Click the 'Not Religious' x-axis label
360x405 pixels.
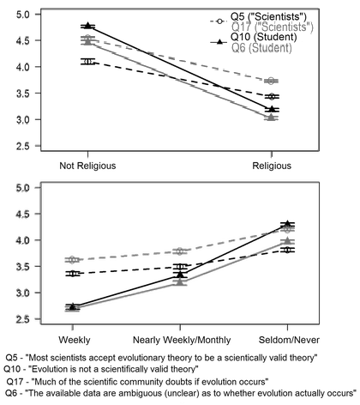click(87, 164)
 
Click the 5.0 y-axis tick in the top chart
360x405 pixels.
click(23, 15)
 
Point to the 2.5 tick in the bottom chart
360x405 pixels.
click(23, 320)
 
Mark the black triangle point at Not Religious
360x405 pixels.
click(87, 27)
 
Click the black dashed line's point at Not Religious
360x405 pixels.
click(87, 61)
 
